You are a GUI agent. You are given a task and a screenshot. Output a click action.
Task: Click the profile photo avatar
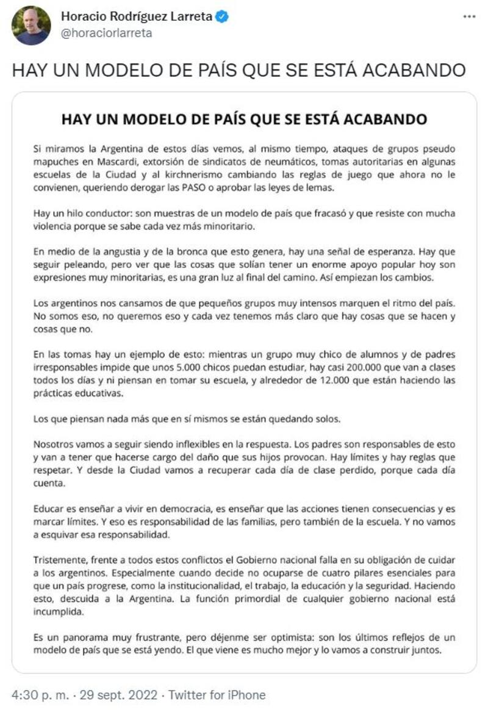(x=31, y=25)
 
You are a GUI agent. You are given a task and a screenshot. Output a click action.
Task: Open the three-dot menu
(x=468, y=17)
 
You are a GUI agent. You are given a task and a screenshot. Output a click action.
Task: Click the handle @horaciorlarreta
(x=106, y=33)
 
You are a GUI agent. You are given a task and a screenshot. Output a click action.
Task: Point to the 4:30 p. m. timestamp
(x=35, y=695)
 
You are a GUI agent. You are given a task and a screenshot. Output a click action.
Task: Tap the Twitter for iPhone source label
(x=217, y=695)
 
